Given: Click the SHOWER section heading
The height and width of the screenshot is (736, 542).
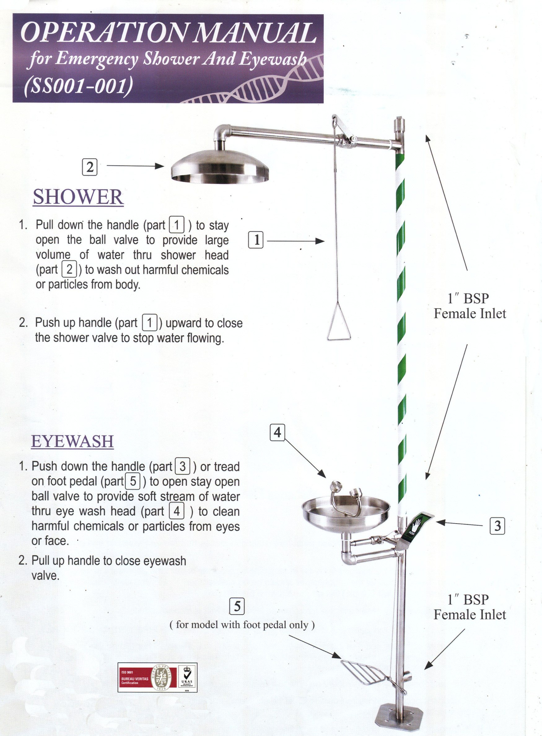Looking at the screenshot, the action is coord(78,197).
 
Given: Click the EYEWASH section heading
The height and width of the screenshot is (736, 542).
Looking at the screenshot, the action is coord(72,441).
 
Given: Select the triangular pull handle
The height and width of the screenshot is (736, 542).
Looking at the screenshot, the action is coord(339,330).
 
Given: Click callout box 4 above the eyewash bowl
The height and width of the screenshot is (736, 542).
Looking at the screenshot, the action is coord(277,433).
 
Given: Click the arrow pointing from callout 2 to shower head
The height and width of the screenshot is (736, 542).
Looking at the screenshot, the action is coord(135,166).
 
